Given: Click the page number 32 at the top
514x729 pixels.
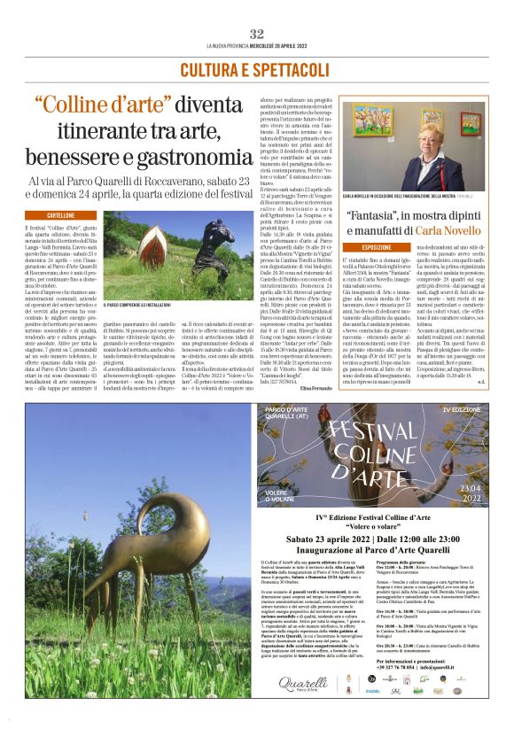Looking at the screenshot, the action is (256, 34).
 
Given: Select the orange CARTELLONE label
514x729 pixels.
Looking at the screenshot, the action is (59, 214).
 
